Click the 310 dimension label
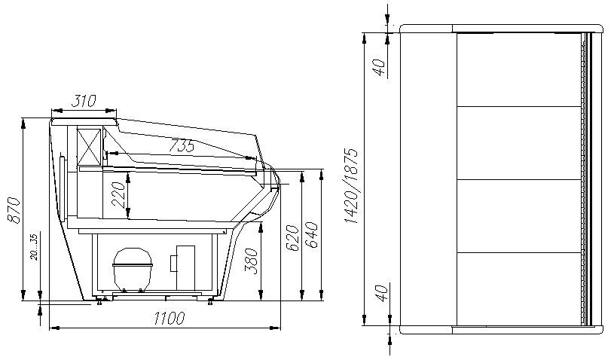click(84, 102)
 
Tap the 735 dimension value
click(182, 146)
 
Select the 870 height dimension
click(14, 210)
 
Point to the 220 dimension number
click(118, 195)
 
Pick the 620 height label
click(292, 238)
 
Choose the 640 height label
click(311, 234)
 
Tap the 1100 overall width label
click(169, 319)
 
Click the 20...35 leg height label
click(33, 247)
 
